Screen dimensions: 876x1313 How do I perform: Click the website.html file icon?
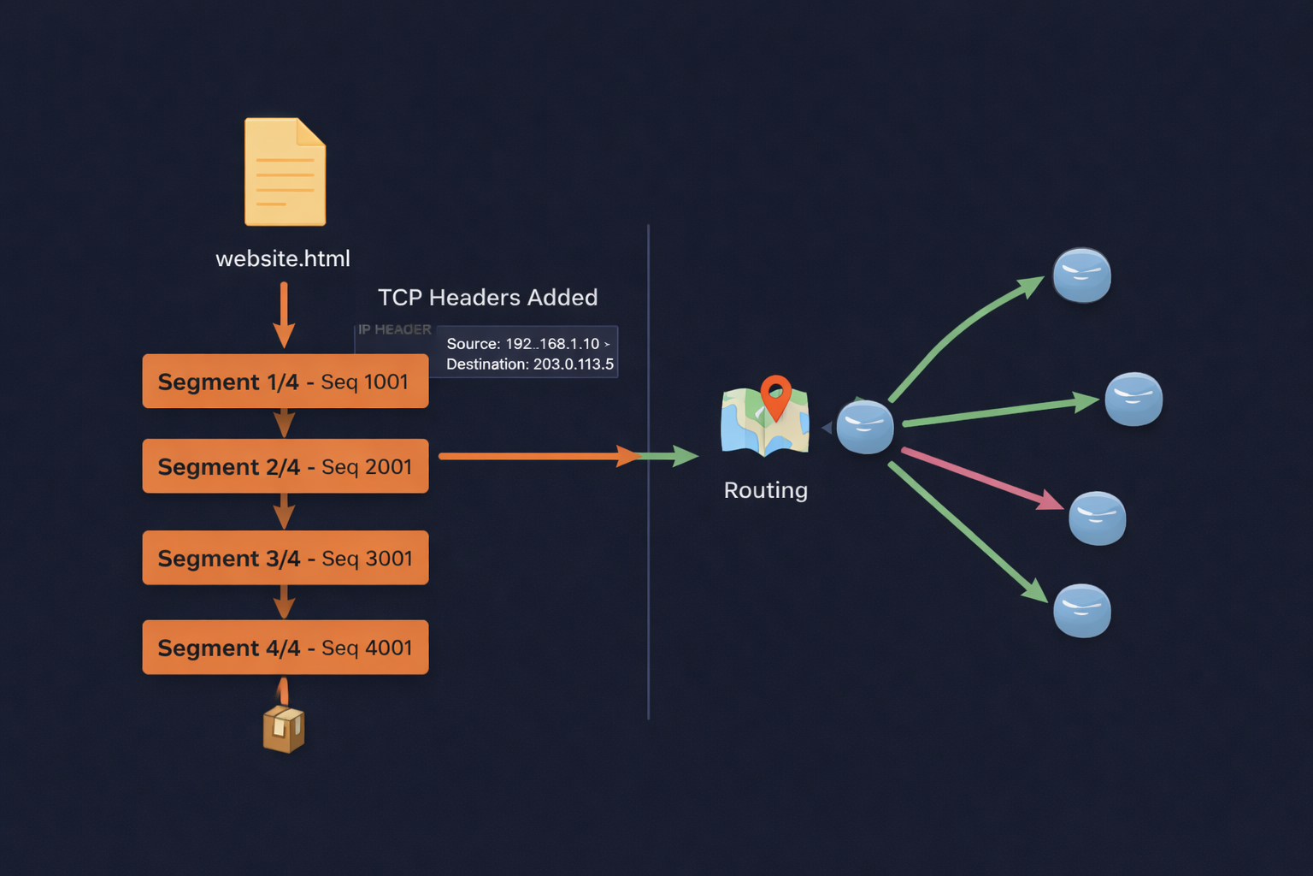[285, 172]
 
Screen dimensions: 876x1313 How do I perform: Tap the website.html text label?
[283, 258]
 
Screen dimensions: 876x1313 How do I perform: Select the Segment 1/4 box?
[285, 382]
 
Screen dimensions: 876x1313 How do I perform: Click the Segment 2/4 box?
[285, 466]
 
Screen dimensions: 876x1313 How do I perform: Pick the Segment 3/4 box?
[285, 558]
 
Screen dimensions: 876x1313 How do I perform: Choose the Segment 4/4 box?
[285, 648]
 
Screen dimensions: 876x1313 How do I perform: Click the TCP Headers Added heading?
[487, 298]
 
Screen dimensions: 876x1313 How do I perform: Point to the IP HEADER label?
[394, 329]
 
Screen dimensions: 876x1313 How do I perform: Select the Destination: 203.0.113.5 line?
[529, 364]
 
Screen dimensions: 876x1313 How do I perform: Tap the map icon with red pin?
[763, 421]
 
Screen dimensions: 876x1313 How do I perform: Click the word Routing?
[765, 490]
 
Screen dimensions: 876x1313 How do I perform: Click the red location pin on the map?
[775, 394]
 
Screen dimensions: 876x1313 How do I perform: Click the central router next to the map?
[864, 426]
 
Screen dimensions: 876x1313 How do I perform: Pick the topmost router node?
[1081, 275]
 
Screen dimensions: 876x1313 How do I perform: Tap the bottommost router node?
[1081, 611]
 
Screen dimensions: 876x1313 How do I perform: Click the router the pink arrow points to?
[1097, 518]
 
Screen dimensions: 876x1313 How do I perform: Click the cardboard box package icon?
[284, 729]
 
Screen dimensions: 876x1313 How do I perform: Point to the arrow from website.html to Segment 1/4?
[284, 314]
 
